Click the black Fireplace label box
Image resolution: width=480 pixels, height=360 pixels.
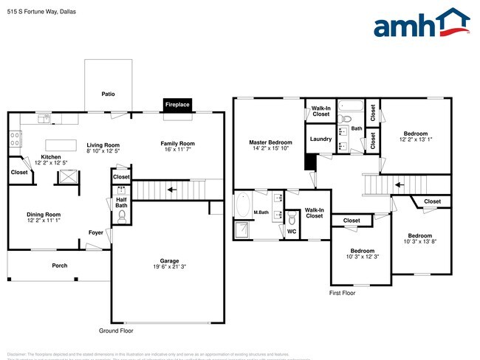tap(177, 105)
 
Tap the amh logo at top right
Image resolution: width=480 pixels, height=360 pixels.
tap(422, 24)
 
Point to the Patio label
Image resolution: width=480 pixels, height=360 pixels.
tap(108, 94)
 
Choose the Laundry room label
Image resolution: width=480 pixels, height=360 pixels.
tap(320, 139)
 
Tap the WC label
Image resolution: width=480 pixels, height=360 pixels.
tap(292, 232)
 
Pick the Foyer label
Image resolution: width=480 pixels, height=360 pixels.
tap(96, 232)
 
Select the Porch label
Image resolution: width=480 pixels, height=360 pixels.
tap(59, 266)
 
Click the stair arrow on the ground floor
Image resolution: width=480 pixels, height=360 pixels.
tap(171, 190)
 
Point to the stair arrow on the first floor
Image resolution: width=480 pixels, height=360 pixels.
tap(400, 184)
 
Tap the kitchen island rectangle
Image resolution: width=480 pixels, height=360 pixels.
tap(62, 145)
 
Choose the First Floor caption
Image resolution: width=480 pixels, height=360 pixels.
tap(342, 293)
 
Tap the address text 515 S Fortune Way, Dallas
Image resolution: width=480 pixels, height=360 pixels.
tap(41, 12)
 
